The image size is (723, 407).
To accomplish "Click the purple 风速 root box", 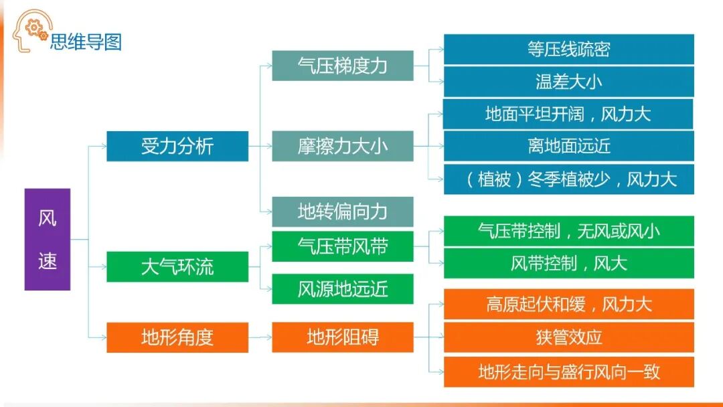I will click(x=47, y=239).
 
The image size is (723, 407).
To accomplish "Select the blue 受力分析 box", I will click(x=177, y=147).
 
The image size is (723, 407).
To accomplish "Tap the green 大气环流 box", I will click(x=177, y=266).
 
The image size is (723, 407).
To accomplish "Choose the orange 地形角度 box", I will click(x=177, y=337).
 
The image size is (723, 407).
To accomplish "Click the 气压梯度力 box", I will click(x=342, y=66).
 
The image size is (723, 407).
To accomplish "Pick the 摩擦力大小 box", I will click(x=342, y=147).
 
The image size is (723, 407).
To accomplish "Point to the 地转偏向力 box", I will click(x=342, y=212).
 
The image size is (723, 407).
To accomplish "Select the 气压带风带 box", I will click(x=342, y=246).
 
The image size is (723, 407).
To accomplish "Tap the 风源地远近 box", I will click(x=342, y=289).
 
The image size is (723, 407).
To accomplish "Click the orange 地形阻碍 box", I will click(x=342, y=337).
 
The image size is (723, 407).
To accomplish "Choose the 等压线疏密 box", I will click(x=568, y=50).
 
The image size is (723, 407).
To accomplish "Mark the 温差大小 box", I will click(x=568, y=82).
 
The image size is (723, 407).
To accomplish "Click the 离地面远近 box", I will click(x=568, y=146).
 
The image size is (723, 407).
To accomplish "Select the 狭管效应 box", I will click(x=568, y=337).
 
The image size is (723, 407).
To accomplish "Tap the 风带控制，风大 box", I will click(x=568, y=263).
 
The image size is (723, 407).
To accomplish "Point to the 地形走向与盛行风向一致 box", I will click(x=568, y=372).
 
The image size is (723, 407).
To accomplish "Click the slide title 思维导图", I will click(x=86, y=42).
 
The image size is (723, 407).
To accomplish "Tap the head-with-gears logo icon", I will click(x=29, y=30).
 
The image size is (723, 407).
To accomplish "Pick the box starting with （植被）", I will click(x=568, y=179).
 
